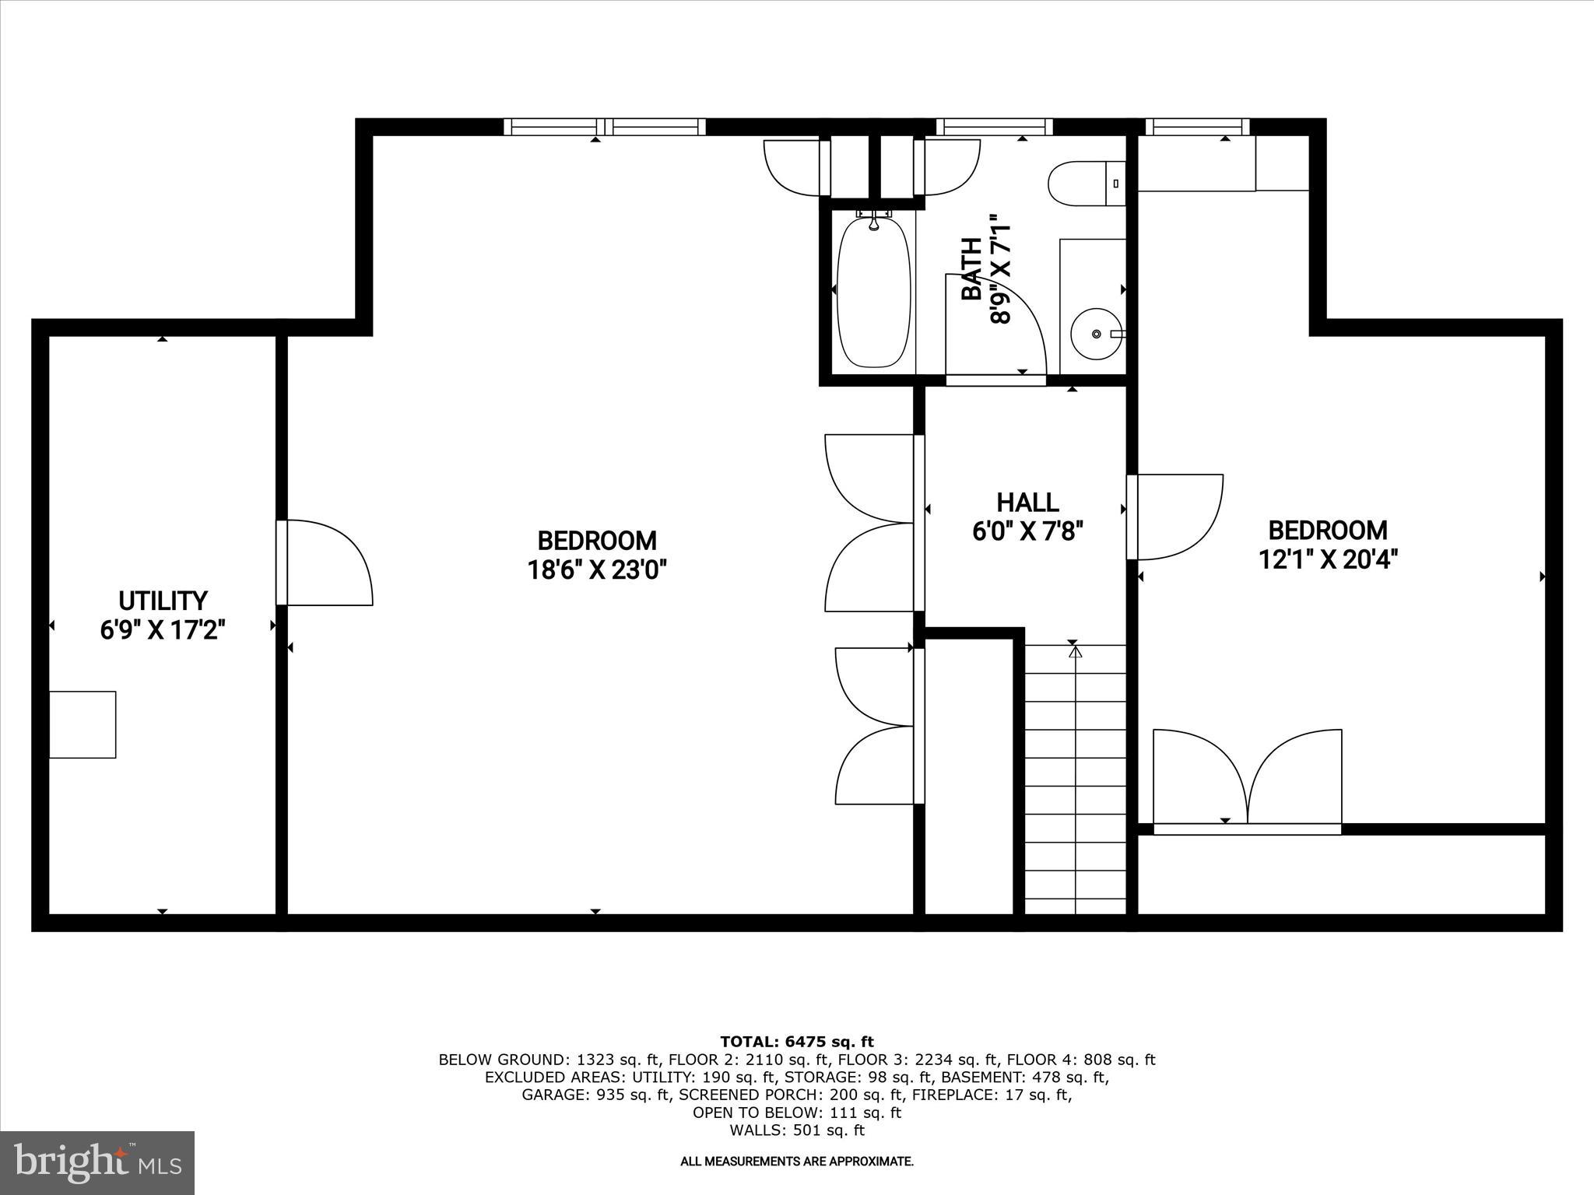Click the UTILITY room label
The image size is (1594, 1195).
(163, 601)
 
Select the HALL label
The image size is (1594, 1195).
(1027, 502)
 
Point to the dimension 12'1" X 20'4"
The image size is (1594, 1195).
(1328, 559)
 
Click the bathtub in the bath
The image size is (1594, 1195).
(873, 292)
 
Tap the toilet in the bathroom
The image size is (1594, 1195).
(1085, 184)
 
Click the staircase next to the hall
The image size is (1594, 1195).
(1075, 778)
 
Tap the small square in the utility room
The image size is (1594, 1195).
(83, 724)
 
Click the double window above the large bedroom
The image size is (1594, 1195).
(604, 127)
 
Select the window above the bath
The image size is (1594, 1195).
(994, 127)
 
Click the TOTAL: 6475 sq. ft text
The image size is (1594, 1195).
(796, 1042)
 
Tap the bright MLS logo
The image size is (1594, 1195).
(97, 1162)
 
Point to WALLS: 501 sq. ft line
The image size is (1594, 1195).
(796, 1130)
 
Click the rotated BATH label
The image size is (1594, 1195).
(971, 268)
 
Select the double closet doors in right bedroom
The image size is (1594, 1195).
(1247, 778)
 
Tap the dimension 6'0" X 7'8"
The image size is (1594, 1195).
(1027, 531)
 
